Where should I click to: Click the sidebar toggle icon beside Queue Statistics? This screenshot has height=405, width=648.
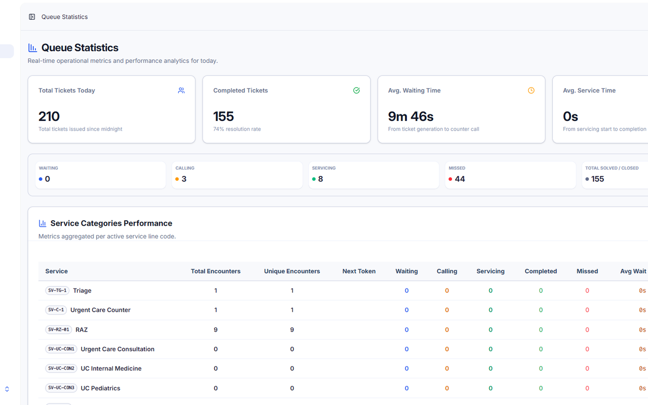pyautogui.click(x=32, y=17)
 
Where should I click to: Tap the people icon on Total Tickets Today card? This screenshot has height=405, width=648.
pyautogui.click(x=181, y=91)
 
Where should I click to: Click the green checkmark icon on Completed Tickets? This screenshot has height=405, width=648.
pyautogui.click(x=356, y=91)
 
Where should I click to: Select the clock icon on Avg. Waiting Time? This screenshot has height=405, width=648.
pyautogui.click(x=531, y=91)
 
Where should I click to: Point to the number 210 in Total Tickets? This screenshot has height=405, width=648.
pyautogui.click(x=49, y=116)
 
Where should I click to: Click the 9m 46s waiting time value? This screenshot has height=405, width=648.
pyautogui.click(x=411, y=116)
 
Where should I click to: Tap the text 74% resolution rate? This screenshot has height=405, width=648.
pyautogui.click(x=237, y=129)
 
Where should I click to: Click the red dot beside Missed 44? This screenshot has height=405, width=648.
pyautogui.click(x=450, y=179)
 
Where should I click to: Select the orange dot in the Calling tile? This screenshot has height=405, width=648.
pyautogui.click(x=177, y=179)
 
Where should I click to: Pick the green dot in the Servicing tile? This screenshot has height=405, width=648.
pyautogui.click(x=313, y=179)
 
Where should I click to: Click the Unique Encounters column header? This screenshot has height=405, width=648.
pyautogui.click(x=292, y=271)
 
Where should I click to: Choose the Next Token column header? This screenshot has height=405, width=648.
pyautogui.click(x=359, y=271)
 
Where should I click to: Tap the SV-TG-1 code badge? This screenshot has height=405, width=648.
pyautogui.click(x=57, y=291)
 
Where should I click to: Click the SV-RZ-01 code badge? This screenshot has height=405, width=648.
pyautogui.click(x=58, y=330)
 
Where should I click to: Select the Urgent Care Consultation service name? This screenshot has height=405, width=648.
pyautogui.click(x=117, y=349)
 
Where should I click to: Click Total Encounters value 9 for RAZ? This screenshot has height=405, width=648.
pyautogui.click(x=216, y=330)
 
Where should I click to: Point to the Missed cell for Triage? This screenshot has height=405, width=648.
pyautogui.click(x=587, y=291)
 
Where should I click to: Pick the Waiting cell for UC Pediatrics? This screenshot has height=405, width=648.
pyautogui.click(x=407, y=388)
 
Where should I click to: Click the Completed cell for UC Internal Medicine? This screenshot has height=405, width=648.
pyautogui.click(x=541, y=369)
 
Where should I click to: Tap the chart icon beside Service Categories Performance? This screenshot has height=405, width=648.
pyautogui.click(x=43, y=223)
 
